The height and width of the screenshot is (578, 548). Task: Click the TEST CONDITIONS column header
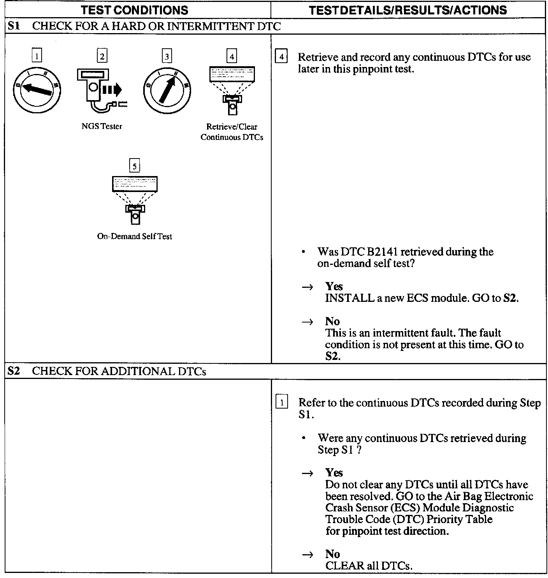coord(136,10)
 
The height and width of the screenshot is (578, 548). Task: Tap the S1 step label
coord(13,26)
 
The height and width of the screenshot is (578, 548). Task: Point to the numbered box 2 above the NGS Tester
coord(102,56)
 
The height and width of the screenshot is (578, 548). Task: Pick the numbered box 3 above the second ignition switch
coord(167,56)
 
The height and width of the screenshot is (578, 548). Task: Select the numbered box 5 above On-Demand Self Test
coord(134,166)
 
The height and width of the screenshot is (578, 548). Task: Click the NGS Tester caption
coord(102,126)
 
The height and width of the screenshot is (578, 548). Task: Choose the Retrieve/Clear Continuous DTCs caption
coord(232,132)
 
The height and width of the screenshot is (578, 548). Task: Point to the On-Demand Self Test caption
coord(134,236)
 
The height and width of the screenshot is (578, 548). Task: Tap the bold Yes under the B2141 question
coord(334,287)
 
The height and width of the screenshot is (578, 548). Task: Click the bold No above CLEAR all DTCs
coord(332,554)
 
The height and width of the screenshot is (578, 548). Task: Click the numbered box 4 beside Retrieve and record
coord(281,57)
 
